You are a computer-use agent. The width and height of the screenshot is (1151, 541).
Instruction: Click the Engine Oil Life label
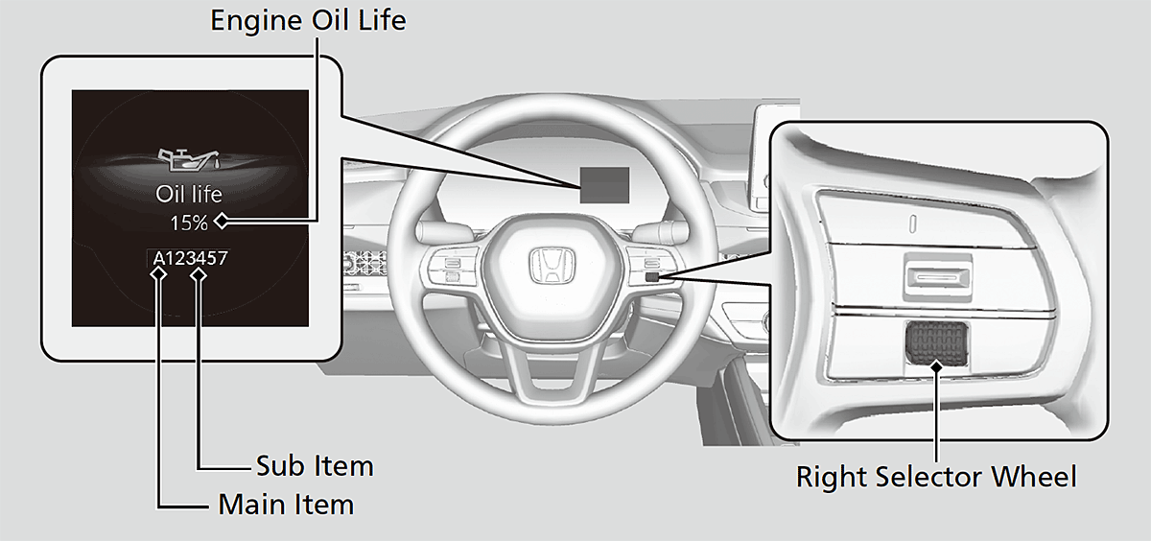[x=308, y=20]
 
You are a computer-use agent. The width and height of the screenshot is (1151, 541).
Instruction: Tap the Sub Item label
[x=315, y=466]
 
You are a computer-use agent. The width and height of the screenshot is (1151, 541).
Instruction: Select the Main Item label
[x=286, y=504]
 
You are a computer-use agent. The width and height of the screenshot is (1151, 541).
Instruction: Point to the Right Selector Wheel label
[x=936, y=477]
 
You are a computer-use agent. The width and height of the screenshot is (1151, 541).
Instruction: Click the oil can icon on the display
[x=189, y=159]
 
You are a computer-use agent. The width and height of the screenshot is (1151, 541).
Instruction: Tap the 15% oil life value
[x=189, y=223]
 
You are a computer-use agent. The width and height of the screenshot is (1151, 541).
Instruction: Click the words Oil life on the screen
[x=189, y=194]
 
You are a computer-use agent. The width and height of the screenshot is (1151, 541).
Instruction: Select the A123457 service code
[x=190, y=258]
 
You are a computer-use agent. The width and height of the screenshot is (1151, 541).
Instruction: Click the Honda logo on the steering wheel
[x=552, y=266]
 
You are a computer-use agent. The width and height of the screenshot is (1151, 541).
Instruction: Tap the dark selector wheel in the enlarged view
[x=937, y=343]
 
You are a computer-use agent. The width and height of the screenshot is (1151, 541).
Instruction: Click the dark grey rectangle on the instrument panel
[x=605, y=185]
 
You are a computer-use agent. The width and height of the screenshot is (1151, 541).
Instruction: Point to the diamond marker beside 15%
[x=222, y=221]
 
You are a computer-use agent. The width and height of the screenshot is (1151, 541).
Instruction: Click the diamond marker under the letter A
[x=159, y=275]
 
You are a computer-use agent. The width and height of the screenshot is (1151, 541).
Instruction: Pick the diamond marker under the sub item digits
[x=199, y=275]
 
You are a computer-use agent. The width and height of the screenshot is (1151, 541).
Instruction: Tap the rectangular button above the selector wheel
[x=938, y=278]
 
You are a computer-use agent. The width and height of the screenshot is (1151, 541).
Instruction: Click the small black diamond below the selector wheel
[x=937, y=366]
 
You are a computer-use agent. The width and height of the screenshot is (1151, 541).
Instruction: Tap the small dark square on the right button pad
[x=652, y=277]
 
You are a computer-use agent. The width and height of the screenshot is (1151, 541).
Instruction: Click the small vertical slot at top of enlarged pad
[x=913, y=223]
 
